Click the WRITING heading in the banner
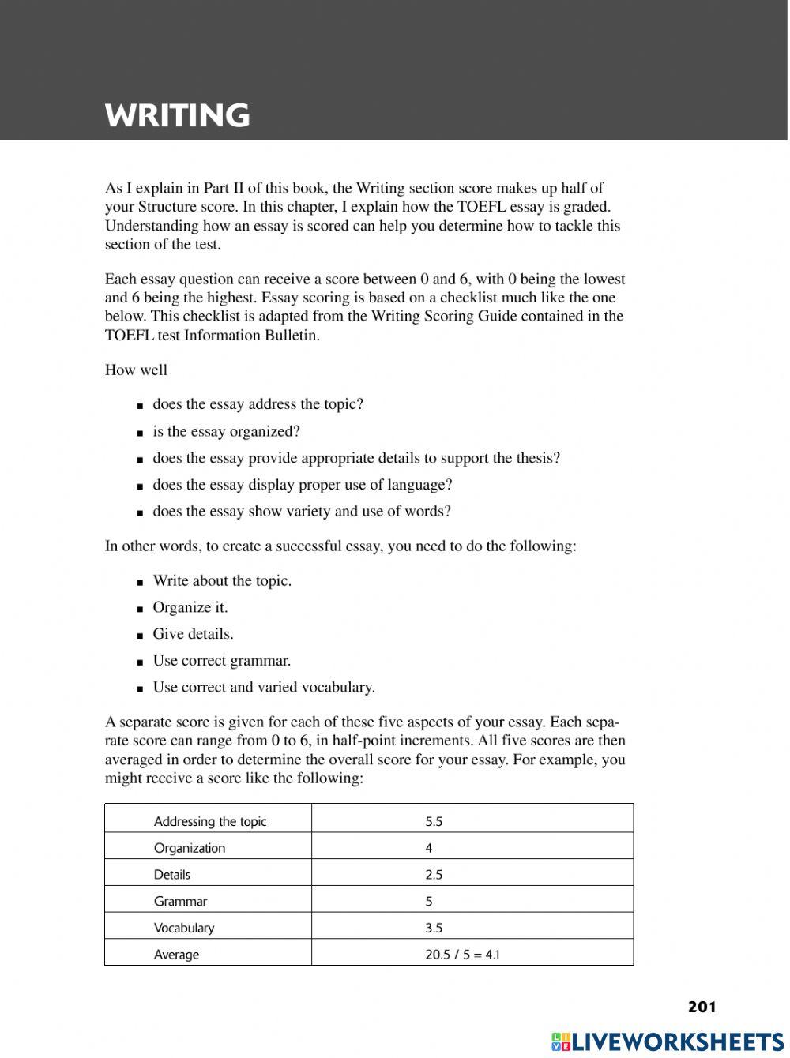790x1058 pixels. click(x=178, y=116)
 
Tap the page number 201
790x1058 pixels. click(x=702, y=1007)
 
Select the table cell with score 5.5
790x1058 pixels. click(x=434, y=821)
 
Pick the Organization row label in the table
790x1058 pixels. click(x=190, y=848)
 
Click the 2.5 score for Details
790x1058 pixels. click(x=434, y=875)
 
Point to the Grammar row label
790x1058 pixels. click(x=181, y=901)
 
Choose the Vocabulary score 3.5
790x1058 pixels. click(x=434, y=928)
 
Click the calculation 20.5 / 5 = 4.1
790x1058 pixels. click(x=463, y=955)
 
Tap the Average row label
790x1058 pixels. click(x=177, y=955)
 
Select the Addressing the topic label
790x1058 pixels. click(x=210, y=821)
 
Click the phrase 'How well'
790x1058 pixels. click(x=136, y=370)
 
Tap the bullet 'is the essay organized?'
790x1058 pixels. click(x=226, y=431)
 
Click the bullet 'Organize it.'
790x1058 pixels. click(x=190, y=607)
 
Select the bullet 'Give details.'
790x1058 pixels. click(x=193, y=634)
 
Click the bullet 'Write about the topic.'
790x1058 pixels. click(x=222, y=581)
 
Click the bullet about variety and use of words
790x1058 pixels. click(x=302, y=512)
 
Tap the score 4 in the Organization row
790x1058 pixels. click(x=429, y=848)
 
